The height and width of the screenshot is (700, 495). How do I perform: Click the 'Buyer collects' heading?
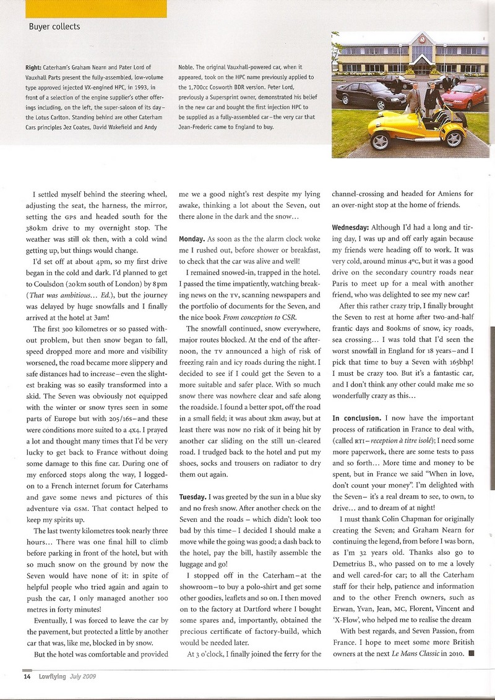pos(54,27)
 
